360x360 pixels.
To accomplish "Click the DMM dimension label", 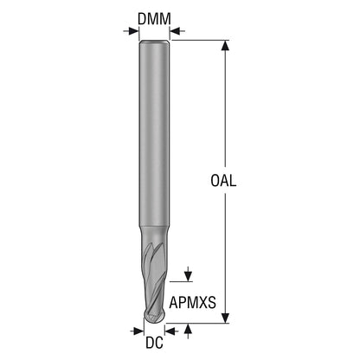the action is [x=154, y=19].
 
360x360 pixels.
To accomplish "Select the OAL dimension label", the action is [x=223, y=181].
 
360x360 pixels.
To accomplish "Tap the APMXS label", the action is [x=192, y=303].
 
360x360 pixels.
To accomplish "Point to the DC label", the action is [x=154, y=343].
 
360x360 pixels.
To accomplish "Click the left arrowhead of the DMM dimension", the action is [x=133, y=31].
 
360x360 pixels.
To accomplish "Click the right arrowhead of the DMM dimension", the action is [x=175, y=31].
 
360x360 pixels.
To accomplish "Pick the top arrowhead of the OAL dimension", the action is [x=225, y=46].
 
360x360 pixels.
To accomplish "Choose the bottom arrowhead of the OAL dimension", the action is [x=225, y=318].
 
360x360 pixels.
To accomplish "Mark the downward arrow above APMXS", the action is [x=188, y=273].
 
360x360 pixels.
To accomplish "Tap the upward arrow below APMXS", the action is [x=188, y=331].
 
